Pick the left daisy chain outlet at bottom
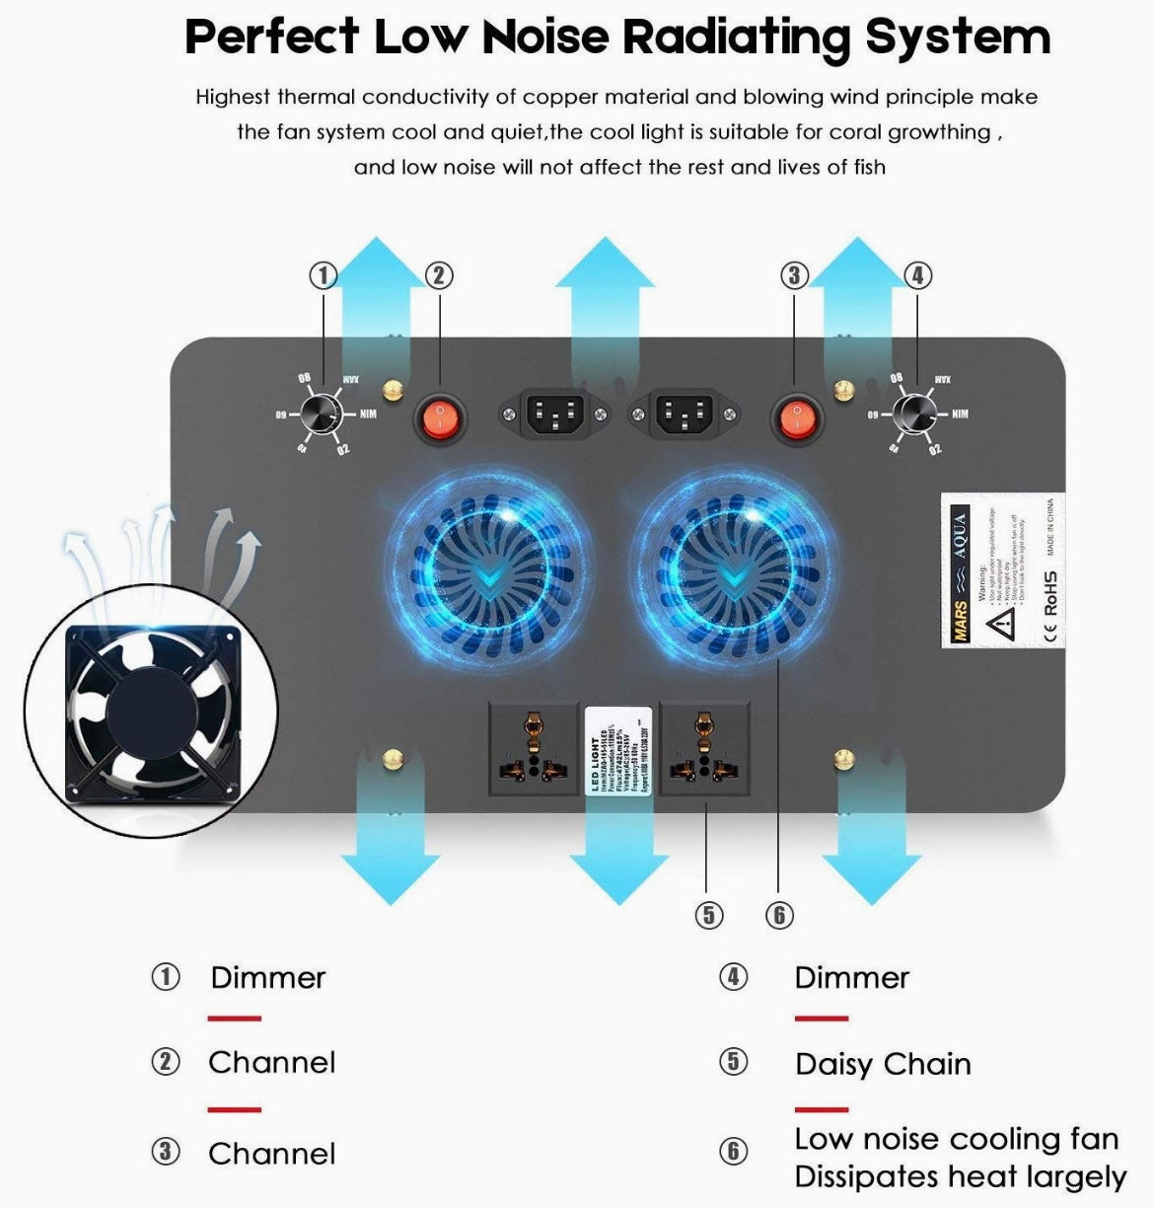[534, 748]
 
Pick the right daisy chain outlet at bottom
[703, 748]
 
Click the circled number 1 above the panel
[324, 275]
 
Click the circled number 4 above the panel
[917, 275]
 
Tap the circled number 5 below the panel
[708, 915]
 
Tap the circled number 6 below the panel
[779, 915]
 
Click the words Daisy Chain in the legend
[883, 1064]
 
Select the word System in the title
[957, 38]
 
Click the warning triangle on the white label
[1002, 621]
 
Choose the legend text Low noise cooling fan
[956, 1139]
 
